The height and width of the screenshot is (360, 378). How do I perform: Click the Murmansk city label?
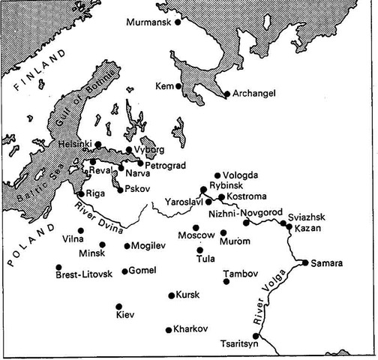tap(148, 22)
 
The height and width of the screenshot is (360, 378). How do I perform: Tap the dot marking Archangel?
tap(226, 94)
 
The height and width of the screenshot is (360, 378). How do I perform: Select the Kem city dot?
tap(178, 87)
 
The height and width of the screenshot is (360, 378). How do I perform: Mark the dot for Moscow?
tap(196, 227)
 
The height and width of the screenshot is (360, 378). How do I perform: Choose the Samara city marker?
tap(304, 262)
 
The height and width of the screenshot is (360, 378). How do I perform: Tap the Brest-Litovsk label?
tap(84, 275)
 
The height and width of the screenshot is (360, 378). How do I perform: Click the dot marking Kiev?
tap(119, 306)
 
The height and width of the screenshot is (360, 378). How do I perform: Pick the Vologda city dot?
tap(217, 175)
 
